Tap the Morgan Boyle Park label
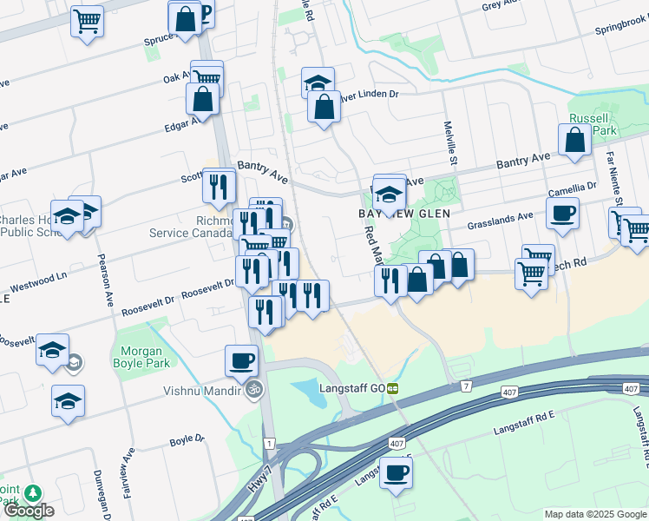141,357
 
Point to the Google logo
29,511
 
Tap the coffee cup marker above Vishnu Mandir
241,359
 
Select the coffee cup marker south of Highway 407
397,473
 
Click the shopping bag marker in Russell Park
574,140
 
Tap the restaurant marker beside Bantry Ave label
219,185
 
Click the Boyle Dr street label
187,440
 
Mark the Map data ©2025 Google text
594,514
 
